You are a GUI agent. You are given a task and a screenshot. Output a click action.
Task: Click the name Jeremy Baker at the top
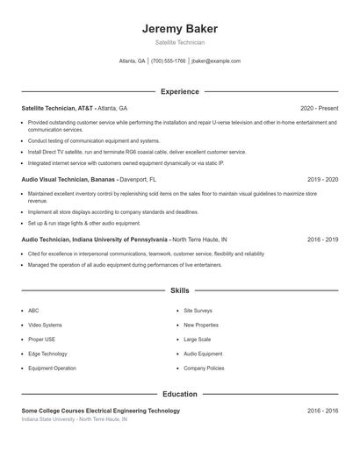[x=179, y=29]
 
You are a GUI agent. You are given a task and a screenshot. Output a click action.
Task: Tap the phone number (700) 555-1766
[x=168, y=61]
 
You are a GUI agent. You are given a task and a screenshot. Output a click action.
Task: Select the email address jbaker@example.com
[x=215, y=61]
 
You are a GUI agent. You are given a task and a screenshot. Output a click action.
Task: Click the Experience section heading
[x=179, y=91]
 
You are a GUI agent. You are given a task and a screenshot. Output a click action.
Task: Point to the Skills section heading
[x=179, y=290]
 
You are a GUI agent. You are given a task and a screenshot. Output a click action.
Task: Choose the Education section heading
[x=179, y=394]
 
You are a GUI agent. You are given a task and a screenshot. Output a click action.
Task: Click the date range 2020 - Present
[x=319, y=108]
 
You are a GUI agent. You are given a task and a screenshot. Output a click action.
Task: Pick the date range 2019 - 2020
[x=322, y=179]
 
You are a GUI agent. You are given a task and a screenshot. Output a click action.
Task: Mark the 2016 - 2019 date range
[x=322, y=239]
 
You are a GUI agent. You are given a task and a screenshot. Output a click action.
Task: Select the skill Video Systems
[x=45, y=325]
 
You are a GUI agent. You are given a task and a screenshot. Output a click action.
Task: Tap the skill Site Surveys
[x=198, y=311]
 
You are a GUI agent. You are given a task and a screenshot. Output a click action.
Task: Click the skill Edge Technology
[x=47, y=354]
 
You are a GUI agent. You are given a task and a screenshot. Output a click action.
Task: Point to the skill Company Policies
[x=204, y=368]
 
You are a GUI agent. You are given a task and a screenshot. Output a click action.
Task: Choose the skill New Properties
[x=201, y=325]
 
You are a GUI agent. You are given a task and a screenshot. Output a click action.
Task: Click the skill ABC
[x=33, y=311]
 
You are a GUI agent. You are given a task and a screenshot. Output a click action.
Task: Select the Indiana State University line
[x=74, y=419]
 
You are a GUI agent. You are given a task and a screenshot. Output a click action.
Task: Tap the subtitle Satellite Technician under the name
[x=179, y=42]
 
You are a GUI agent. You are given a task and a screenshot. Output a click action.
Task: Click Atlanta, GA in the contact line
[x=133, y=61]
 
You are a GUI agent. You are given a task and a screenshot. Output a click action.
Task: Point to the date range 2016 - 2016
[x=322, y=411]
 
